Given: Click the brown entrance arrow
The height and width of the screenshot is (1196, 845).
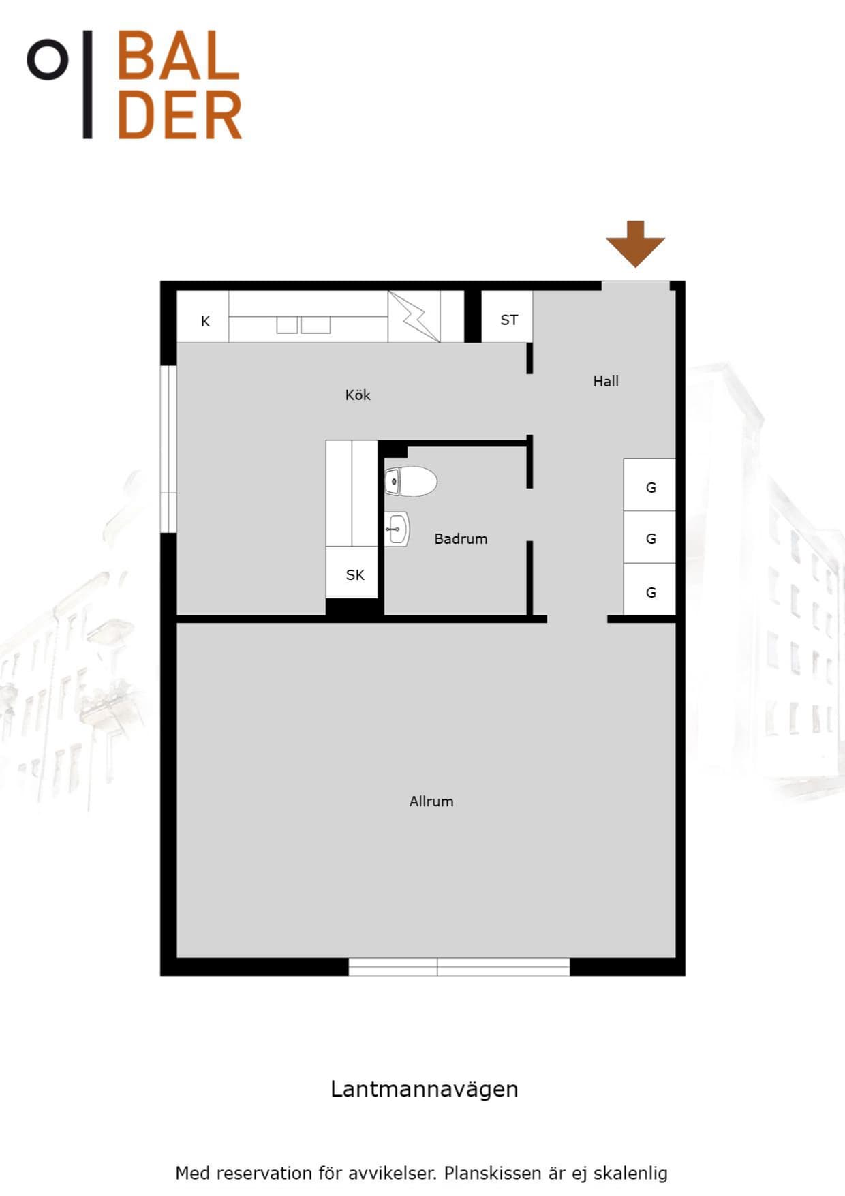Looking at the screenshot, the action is coord(635,243).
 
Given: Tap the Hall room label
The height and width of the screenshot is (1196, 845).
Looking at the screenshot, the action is coord(606,381).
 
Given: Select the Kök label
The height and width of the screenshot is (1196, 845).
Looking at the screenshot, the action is coord(358,395).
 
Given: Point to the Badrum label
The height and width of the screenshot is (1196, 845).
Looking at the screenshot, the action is coord(461,538).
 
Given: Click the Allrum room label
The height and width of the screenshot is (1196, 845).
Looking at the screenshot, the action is coord(431,801).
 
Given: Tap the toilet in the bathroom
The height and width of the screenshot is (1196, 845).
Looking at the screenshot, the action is coord(411,481).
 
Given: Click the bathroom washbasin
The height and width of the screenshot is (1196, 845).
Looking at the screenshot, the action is coord(397,530).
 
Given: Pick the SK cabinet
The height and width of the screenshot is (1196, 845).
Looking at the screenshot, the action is coord(352,572).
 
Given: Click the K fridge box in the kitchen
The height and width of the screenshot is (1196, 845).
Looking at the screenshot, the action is coord(203,317).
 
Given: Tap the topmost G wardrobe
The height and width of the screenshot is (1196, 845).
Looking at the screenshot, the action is coord(649,485).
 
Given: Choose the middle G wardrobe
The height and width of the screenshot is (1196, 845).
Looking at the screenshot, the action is coord(649,537).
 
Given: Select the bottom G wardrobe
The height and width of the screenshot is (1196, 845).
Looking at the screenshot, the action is coord(649,589).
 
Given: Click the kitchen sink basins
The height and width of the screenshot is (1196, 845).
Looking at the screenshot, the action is coord(303,325).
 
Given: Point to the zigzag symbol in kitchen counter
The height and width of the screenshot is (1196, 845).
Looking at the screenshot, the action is coord(414,317).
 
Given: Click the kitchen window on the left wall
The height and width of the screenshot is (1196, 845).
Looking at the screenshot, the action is coord(168,449).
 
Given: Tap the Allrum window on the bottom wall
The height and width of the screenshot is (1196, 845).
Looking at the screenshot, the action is coord(459,967).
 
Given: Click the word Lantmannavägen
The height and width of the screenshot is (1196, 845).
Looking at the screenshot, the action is coord(425,1089).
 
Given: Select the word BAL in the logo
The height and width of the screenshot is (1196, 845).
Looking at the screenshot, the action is coord(179,56).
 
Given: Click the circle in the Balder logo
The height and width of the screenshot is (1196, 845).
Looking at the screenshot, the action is coord(48,60).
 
